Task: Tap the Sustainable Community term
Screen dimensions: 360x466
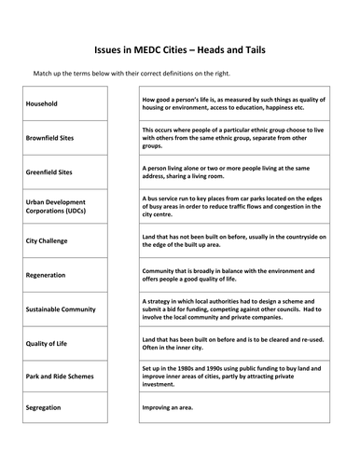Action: (x=59, y=308)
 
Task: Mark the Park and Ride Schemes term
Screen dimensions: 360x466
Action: (x=59, y=377)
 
